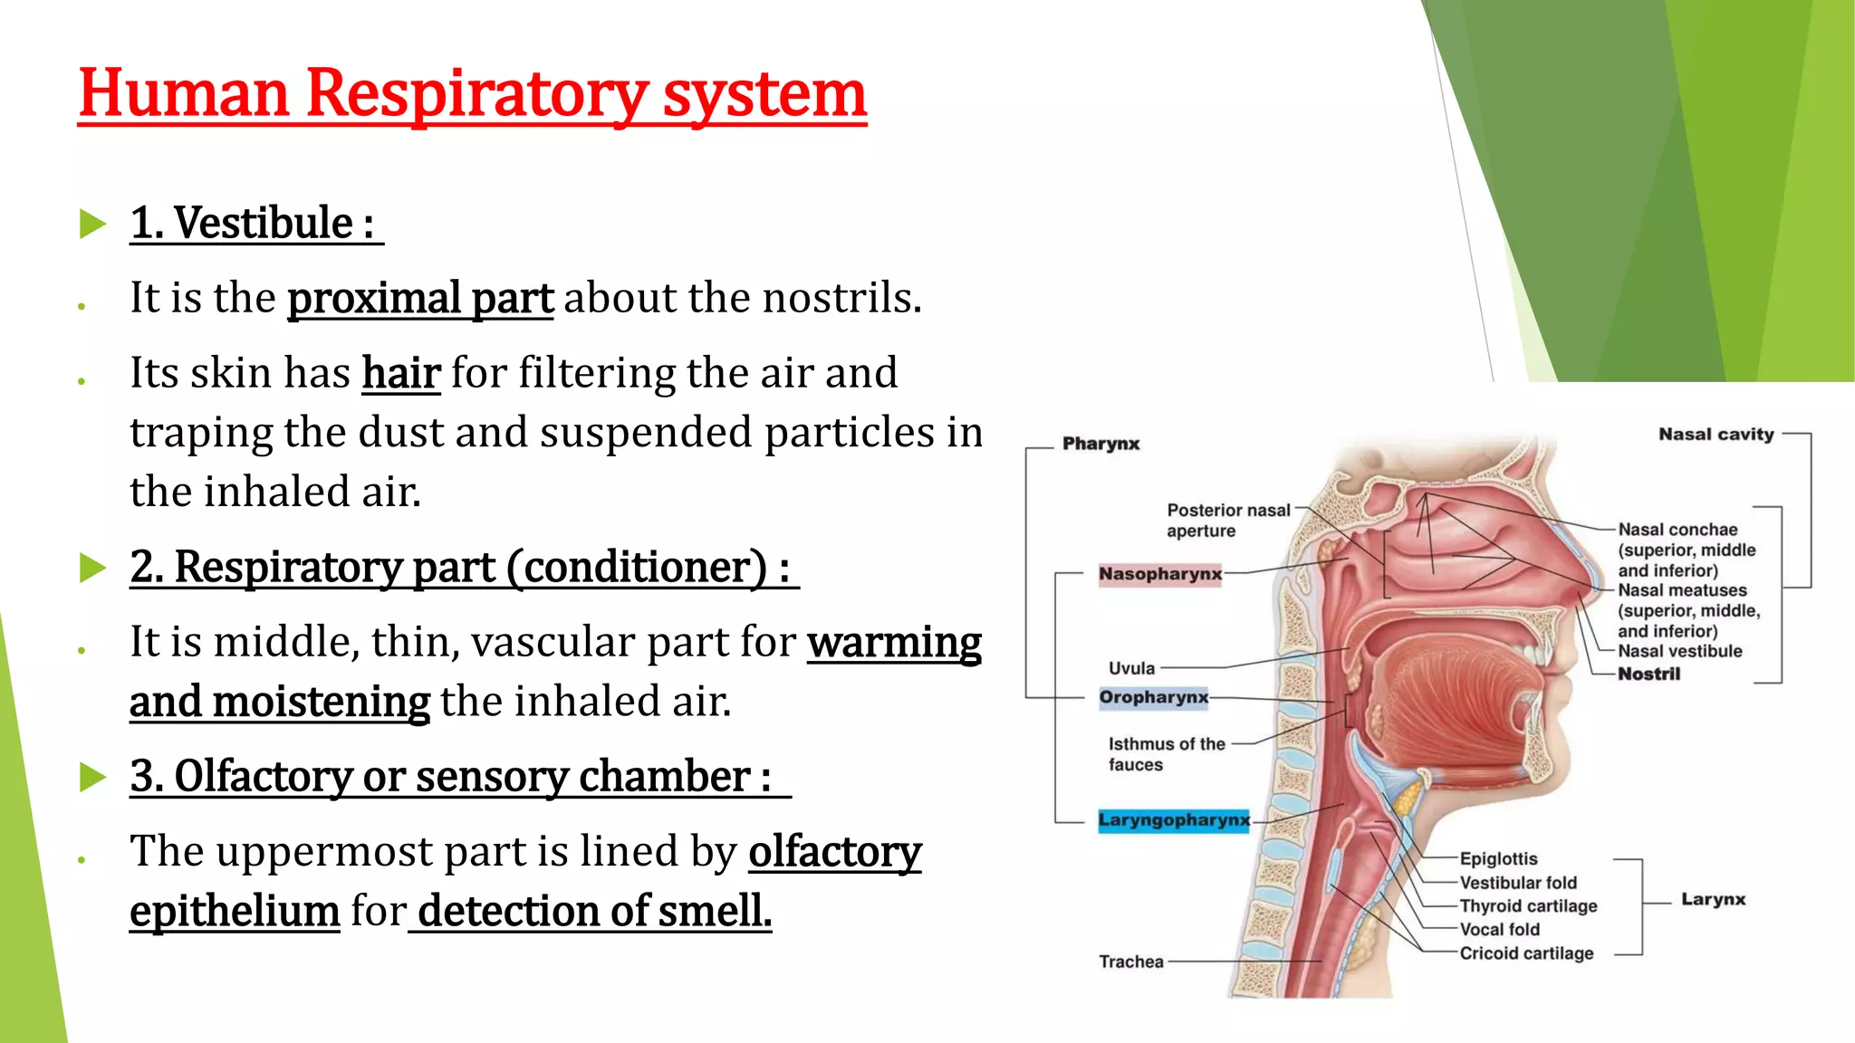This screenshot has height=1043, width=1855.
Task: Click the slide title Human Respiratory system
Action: coord(472,94)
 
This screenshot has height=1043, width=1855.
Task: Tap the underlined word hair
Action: coord(401,373)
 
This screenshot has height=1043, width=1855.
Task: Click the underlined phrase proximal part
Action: coord(420,298)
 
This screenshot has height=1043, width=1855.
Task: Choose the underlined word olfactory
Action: coord(834,852)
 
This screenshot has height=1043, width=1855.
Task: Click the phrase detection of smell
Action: coord(594,912)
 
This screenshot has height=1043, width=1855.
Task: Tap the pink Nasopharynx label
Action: coord(1159,574)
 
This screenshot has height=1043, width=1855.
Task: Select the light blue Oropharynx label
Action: coord(1153,697)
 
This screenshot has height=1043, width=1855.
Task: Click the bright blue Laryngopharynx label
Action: coord(1173,820)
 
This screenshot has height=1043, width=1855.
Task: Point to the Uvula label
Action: coord(1131,668)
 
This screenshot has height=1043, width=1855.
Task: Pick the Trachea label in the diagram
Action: coord(1130,962)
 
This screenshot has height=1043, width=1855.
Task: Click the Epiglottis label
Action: coord(1498,858)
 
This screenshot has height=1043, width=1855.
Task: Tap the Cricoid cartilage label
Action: coord(1526,953)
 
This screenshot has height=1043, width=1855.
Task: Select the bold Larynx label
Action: coord(1713,899)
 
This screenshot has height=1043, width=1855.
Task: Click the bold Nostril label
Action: coord(1648,674)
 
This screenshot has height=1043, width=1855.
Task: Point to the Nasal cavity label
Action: coord(1716,435)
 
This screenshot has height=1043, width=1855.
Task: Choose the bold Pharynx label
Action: coord(1101,444)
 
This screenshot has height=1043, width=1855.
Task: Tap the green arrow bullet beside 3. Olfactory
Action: coord(92,777)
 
